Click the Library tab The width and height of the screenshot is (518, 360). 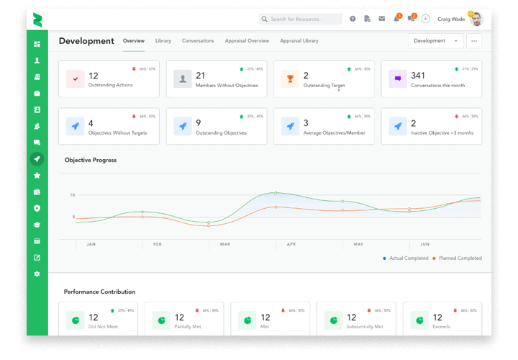point(163,41)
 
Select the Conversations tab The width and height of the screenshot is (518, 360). point(198,41)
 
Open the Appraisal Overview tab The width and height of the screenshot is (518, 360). point(247,41)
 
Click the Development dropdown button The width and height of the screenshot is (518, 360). point(435,41)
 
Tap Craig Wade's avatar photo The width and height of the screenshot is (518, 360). point(476,19)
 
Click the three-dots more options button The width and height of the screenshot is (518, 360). point(473,41)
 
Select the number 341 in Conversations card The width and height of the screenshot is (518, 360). point(418,76)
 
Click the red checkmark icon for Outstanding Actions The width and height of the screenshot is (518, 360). point(76,78)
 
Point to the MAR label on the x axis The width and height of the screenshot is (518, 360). point(225,245)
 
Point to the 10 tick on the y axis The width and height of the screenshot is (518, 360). point(72,195)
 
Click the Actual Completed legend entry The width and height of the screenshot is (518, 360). point(406,258)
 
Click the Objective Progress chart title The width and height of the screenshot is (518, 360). point(90,160)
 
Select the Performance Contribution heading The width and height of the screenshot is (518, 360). point(99,292)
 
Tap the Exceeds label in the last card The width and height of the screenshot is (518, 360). point(440,326)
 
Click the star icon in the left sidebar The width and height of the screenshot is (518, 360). point(37,176)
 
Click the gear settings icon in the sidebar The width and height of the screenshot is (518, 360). point(37,274)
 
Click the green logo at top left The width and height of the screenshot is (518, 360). point(37,19)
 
